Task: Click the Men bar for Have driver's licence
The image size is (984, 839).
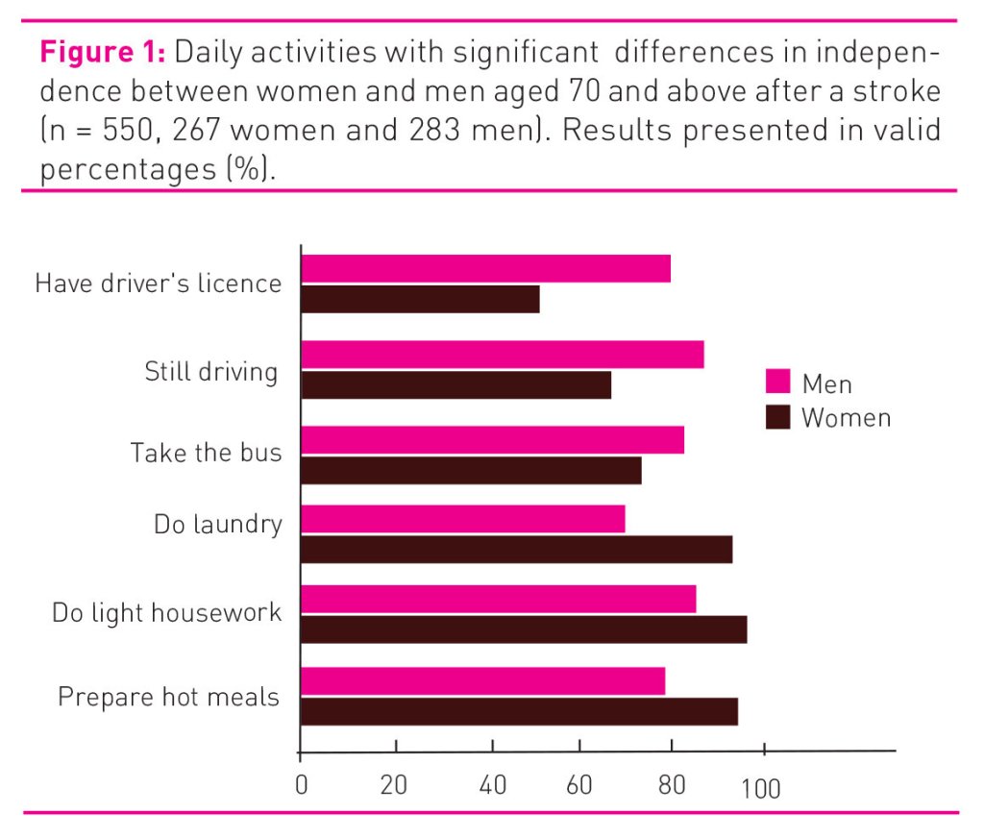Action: point(485,269)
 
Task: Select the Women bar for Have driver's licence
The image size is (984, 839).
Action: point(420,300)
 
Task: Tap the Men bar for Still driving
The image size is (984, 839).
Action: point(502,354)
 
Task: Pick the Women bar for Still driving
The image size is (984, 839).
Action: point(455,384)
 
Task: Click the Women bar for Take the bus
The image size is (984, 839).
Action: point(471,471)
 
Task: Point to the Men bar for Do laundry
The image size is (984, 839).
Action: point(462,519)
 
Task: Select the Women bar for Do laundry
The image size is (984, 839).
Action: point(516,550)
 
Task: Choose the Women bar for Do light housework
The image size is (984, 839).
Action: point(524,629)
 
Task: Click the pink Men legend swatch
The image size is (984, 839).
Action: point(777,382)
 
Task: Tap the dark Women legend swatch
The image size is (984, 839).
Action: point(777,418)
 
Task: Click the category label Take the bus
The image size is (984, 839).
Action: point(206,453)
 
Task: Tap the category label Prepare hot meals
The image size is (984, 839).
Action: point(168,697)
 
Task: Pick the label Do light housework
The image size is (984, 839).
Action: point(166,613)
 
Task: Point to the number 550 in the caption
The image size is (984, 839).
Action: point(130,130)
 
